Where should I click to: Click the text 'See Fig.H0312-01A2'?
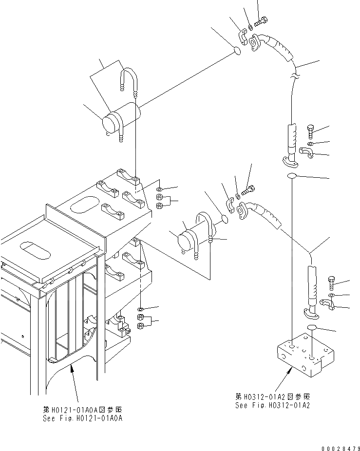[x=273, y=405]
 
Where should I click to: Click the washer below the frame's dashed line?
[x=140, y=310]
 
